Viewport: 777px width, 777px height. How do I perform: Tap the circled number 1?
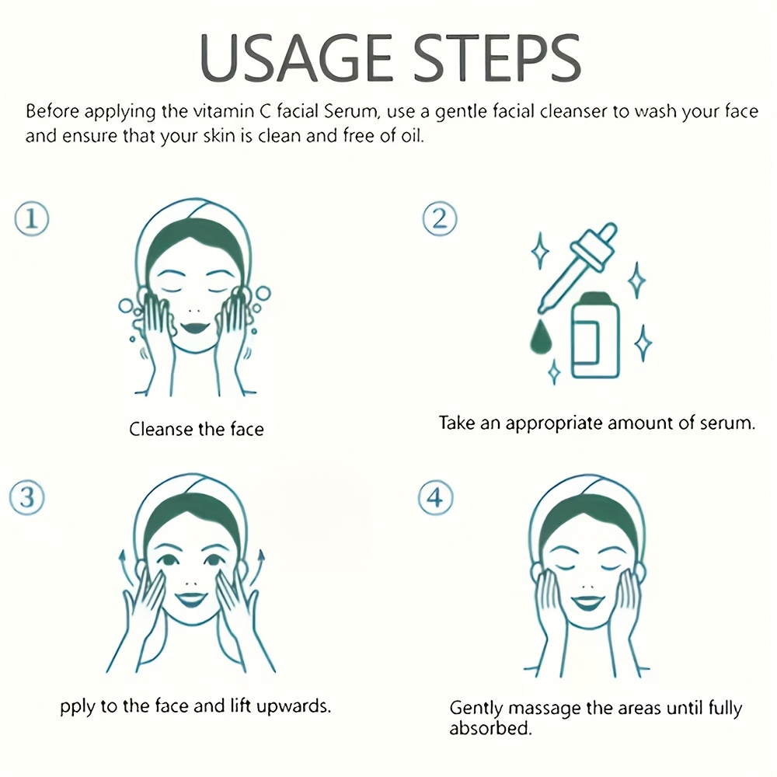[32, 219]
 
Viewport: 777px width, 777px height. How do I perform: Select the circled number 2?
[440, 219]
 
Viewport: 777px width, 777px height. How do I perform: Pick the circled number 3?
[28, 498]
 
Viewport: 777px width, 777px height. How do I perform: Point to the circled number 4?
[435, 498]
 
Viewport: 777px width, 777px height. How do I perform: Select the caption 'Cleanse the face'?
[196, 428]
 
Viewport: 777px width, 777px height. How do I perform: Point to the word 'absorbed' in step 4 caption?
[490, 730]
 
